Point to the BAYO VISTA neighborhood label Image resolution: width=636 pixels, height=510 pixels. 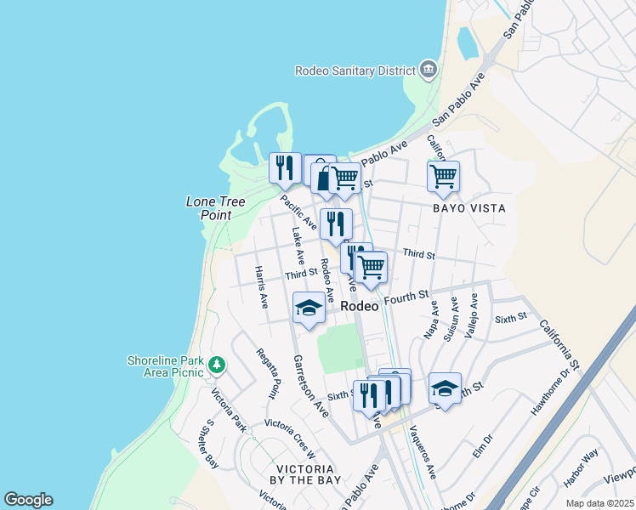(x=468, y=208)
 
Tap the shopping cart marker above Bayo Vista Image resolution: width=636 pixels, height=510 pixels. (x=443, y=177)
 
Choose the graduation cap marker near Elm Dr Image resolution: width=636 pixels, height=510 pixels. (x=445, y=388)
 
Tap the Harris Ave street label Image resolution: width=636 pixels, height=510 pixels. (x=262, y=286)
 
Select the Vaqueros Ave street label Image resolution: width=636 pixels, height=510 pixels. (x=423, y=451)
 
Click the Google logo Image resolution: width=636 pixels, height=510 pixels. (x=28, y=500)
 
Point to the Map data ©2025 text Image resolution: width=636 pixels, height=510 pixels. (x=600, y=503)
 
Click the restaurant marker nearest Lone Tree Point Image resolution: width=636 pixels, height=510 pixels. (x=285, y=167)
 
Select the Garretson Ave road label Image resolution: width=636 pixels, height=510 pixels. (x=311, y=384)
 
